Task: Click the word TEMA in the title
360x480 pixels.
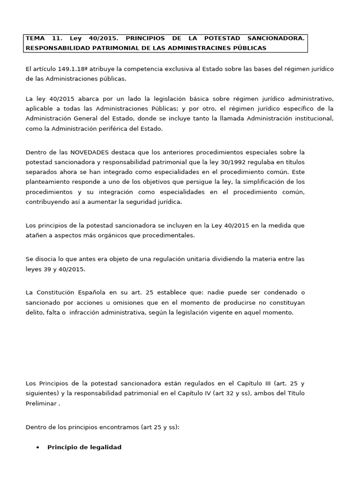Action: click(34, 38)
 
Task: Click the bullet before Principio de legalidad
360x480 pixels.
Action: click(37, 448)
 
